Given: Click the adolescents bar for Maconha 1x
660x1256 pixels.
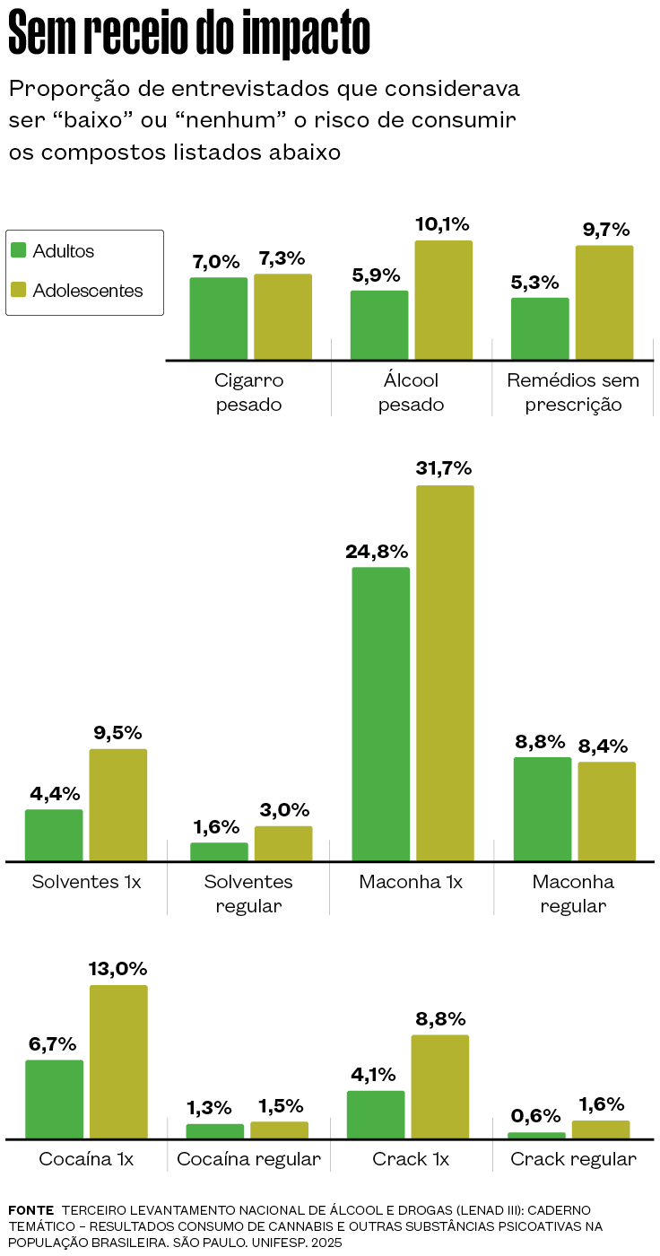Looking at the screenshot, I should click(445, 673).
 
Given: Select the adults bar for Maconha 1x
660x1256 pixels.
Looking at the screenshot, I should click(380, 714).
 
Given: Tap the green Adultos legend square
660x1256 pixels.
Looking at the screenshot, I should click(19, 251).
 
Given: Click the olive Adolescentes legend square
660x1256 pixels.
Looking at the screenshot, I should click(19, 291).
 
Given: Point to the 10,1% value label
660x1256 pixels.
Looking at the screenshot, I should click(442, 224).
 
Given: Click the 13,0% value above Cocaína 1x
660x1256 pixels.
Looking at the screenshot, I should click(117, 969).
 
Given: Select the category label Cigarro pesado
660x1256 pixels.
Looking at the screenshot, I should click(249, 392).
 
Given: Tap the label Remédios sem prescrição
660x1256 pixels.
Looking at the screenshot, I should click(573, 392).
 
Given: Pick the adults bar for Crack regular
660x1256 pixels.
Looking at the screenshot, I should click(536, 1135).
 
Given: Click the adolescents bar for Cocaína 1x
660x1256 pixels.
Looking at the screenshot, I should click(117, 1061).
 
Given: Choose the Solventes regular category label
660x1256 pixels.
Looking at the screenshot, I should click(248, 894).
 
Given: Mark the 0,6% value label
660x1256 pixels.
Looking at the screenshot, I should click(535, 1116).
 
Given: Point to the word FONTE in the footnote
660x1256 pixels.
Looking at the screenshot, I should click(30, 1210).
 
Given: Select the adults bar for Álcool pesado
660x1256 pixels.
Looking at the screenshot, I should click(379, 325).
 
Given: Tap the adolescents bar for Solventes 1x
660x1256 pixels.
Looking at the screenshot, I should click(117, 805).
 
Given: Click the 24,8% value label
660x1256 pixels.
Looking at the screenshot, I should click(377, 551).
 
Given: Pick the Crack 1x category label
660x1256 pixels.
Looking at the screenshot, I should click(411, 1159).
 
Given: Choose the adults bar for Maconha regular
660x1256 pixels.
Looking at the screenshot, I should click(542, 808).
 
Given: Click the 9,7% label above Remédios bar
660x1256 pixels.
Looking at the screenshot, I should click(606, 230).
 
